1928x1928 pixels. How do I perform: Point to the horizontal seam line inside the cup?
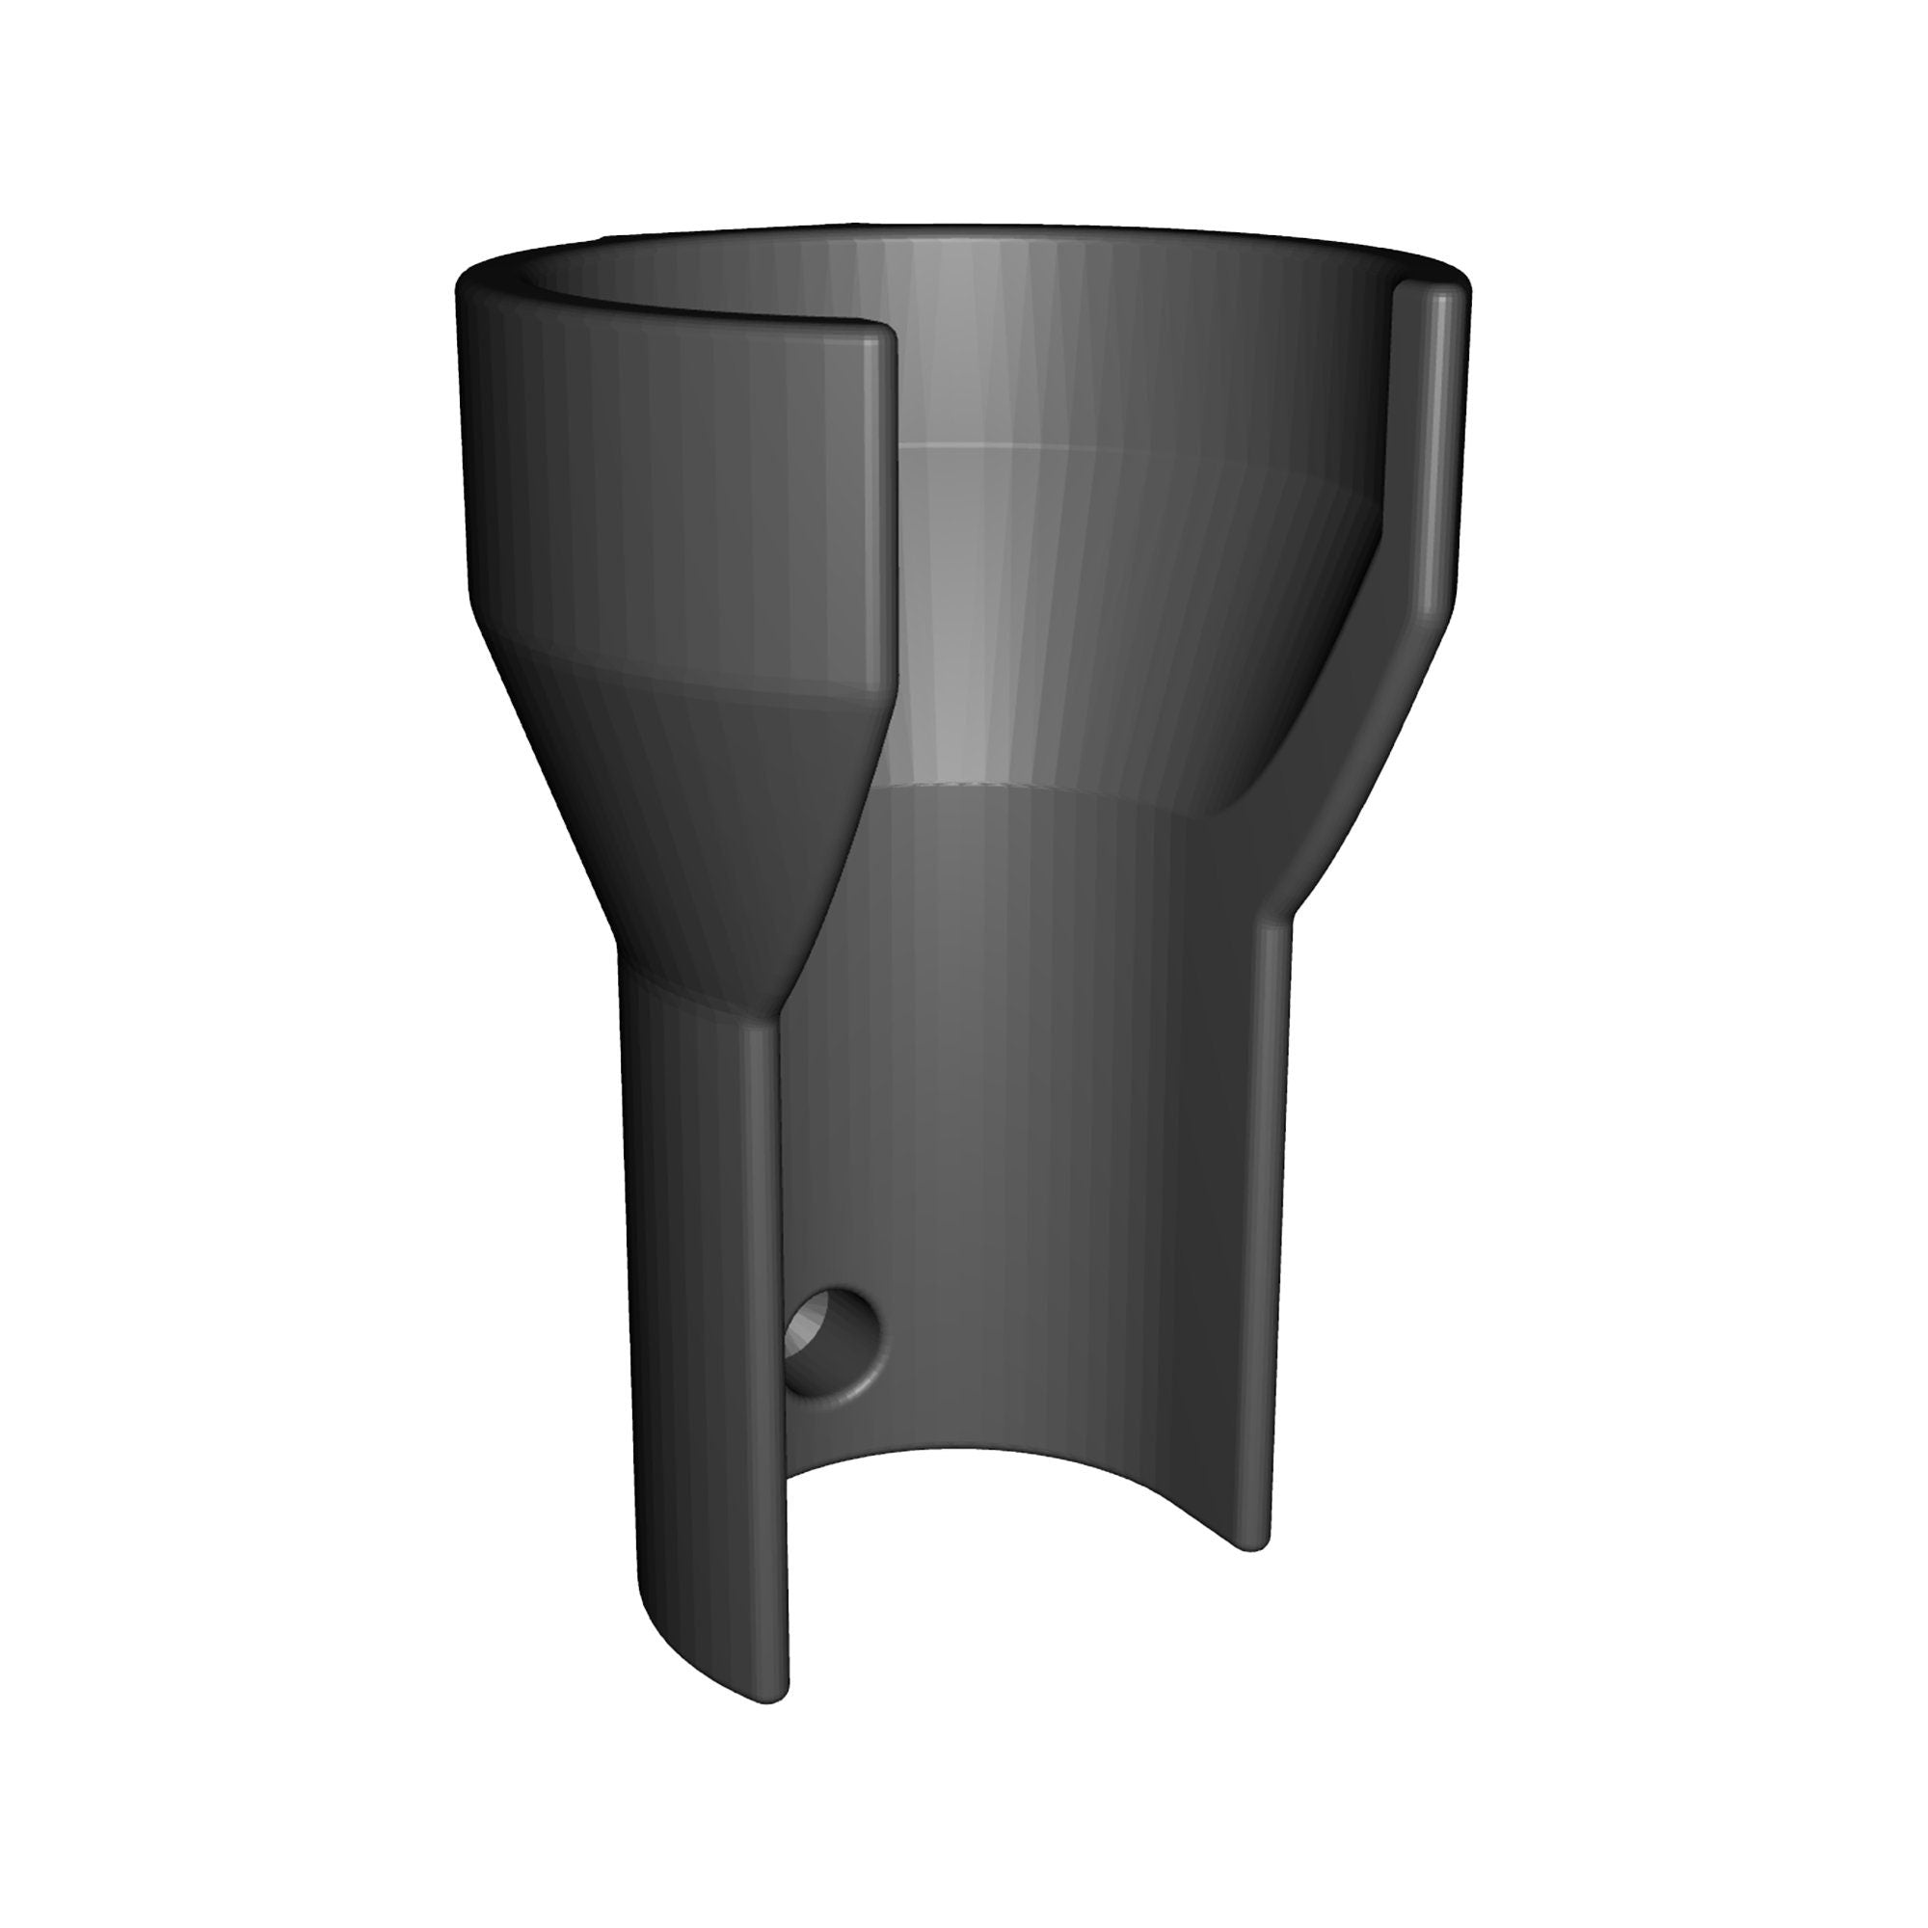(998, 445)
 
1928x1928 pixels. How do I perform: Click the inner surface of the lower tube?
(1018, 1147)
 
